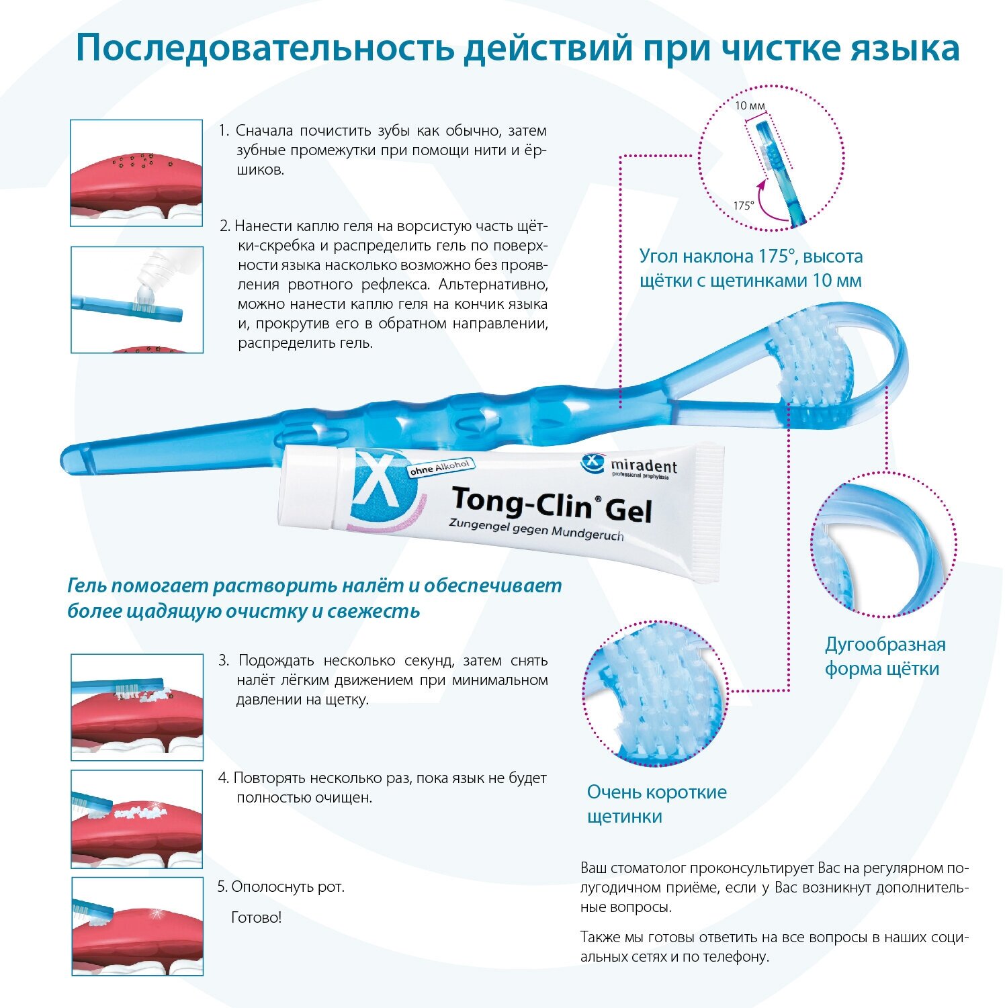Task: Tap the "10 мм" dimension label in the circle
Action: [x=750, y=105]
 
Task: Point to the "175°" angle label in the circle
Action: [x=743, y=205]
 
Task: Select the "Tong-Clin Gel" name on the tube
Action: [x=551, y=505]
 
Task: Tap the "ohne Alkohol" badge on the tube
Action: [x=441, y=468]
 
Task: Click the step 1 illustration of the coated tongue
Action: [x=136, y=173]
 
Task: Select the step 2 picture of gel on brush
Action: [x=137, y=300]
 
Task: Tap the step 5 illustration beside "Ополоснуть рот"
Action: [x=137, y=926]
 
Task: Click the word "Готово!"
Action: [x=256, y=917]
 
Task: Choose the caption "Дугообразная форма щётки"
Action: [x=884, y=656]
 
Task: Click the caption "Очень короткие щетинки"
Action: [x=656, y=804]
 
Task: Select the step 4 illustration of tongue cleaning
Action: [x=137, y=819]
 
